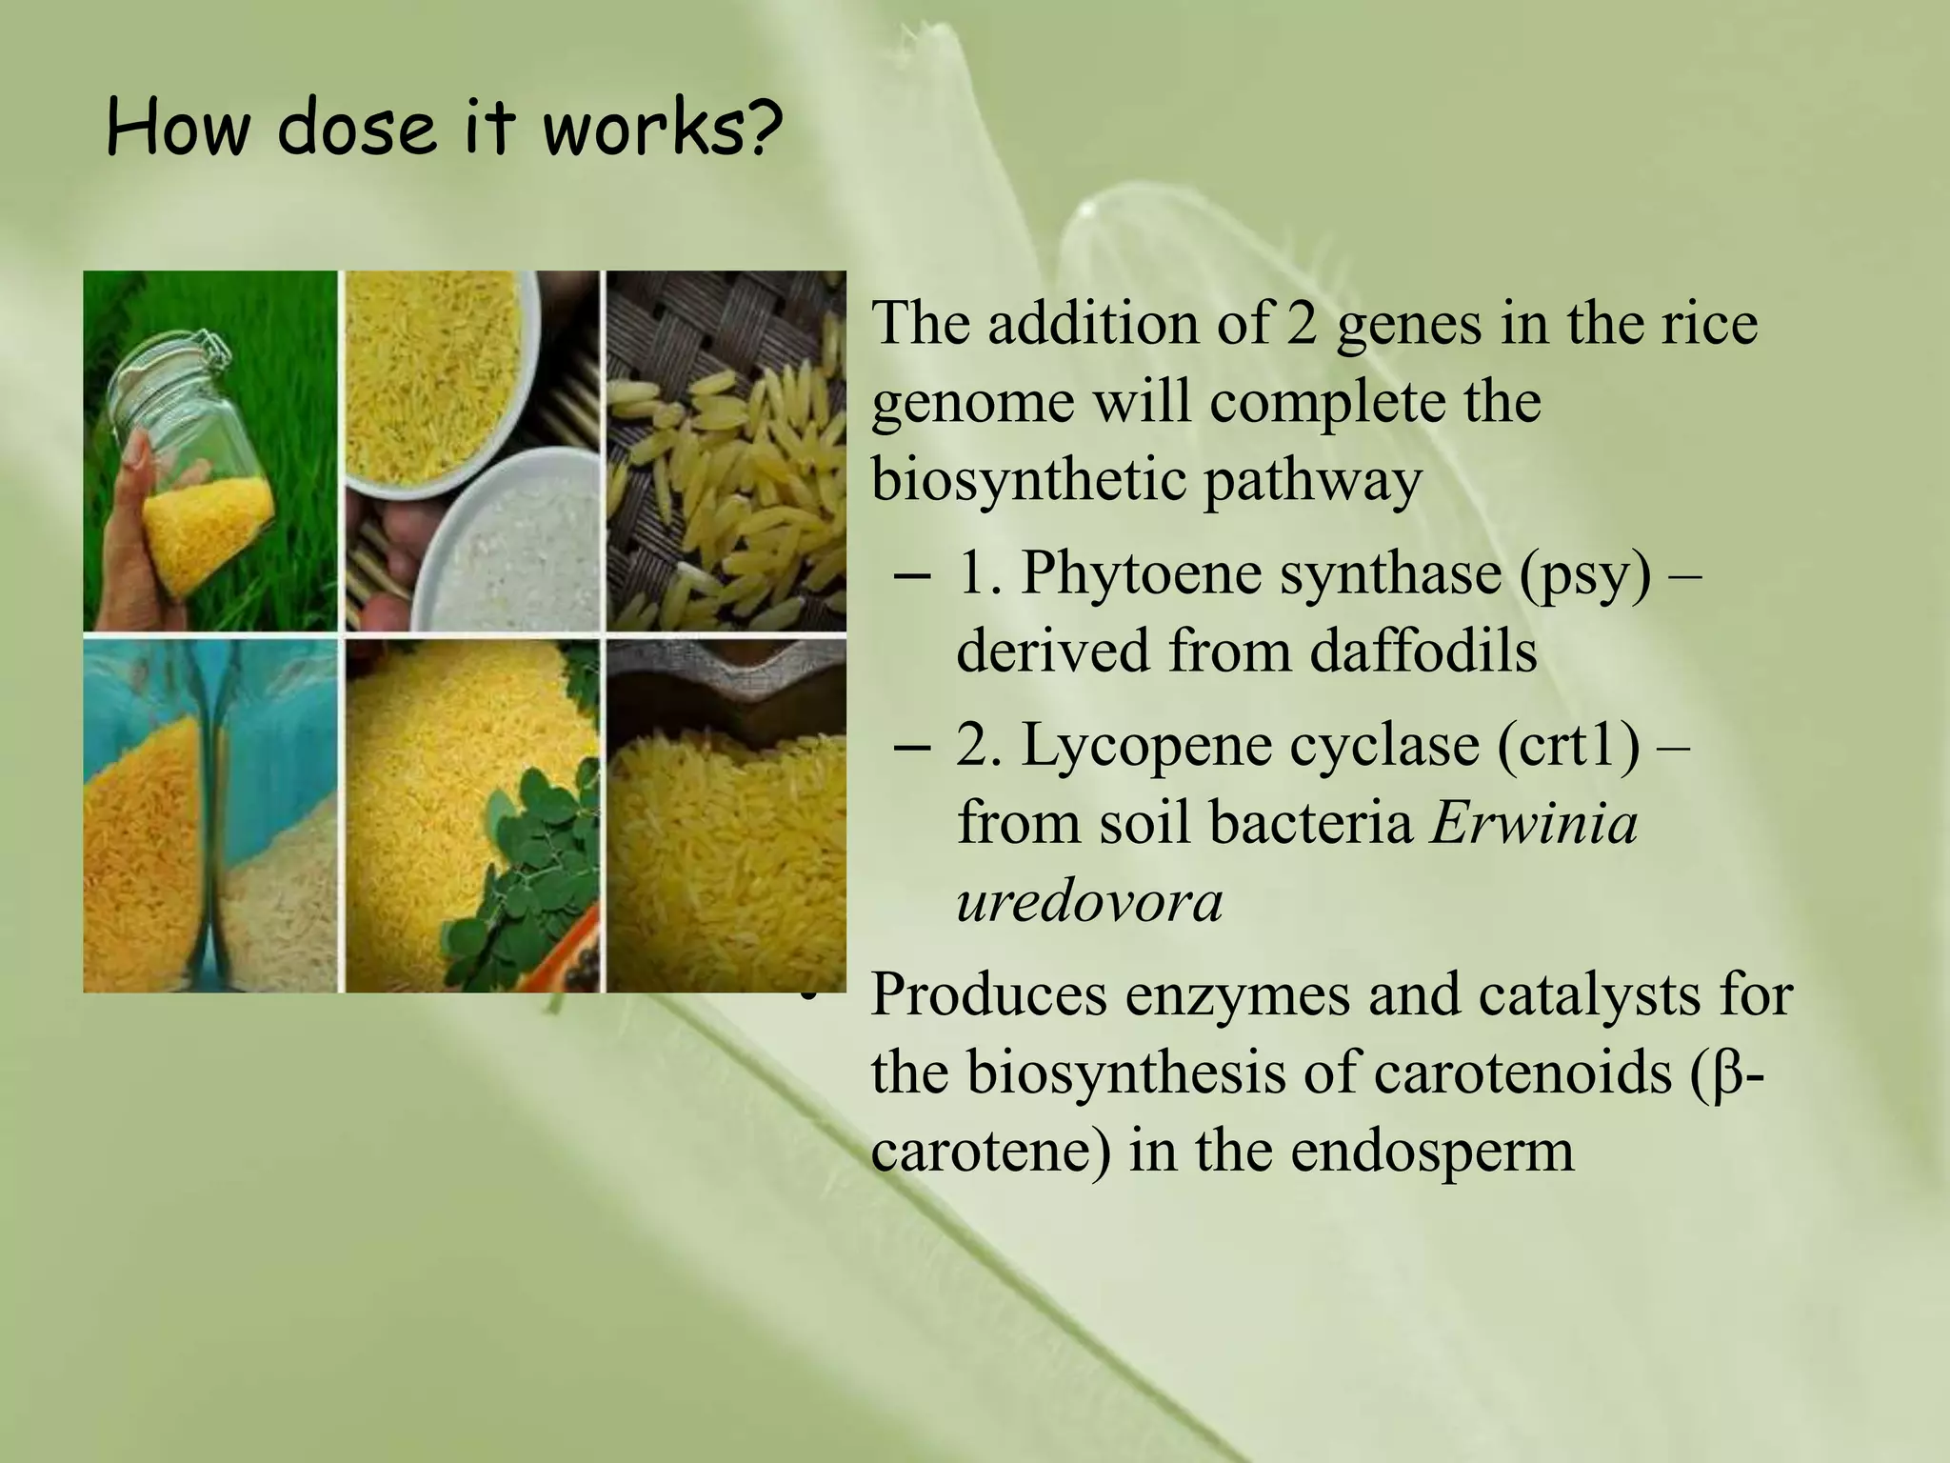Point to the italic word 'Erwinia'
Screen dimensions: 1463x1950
tap(1534, 823)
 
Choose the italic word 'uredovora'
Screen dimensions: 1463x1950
tap(1089, 901)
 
